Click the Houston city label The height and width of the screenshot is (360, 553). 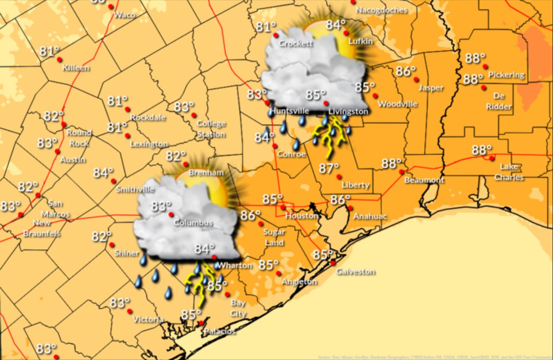(302, 216)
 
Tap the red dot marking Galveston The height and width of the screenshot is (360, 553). (333, 263)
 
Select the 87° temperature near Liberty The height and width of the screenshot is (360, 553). (328, 168)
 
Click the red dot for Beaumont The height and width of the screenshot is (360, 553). (402, 172)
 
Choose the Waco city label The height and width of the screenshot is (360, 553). (124, 15)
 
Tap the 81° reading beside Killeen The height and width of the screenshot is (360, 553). (50, 51)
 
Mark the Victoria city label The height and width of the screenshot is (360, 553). (148, 319)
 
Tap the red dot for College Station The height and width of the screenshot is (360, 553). (194, 115)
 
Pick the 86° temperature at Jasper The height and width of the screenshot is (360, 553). (405, 71)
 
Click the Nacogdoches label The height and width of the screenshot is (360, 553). (381, 10)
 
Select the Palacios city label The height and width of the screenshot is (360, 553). (219, 331)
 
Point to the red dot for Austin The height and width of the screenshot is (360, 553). (57, 152)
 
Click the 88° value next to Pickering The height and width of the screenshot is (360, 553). (475, 58)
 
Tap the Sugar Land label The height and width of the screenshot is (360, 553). (274, 238)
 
